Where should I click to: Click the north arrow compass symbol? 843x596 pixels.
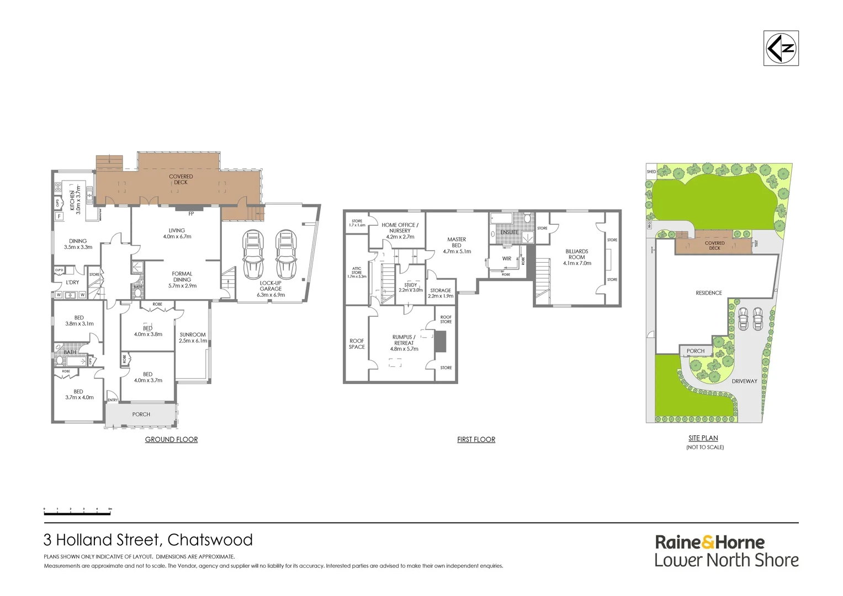781,49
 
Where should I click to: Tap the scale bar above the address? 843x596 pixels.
77,512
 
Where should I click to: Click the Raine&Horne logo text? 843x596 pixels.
710,542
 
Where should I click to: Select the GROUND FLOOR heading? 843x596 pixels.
171,440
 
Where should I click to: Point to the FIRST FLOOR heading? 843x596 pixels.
476,440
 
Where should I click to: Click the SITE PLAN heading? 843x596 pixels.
703,438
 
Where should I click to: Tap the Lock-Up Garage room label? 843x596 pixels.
271,289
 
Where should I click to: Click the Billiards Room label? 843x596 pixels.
577,257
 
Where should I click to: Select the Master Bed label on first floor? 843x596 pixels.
457,245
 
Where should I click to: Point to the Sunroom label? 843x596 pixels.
193,337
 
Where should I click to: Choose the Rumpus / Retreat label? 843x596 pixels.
404,343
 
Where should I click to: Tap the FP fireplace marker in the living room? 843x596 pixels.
191,214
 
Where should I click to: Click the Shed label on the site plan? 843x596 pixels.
651,172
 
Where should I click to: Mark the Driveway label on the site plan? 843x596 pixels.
744,381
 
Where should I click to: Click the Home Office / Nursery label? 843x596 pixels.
400,231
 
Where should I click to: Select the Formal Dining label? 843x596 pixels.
182,279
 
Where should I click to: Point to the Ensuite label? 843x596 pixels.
509,232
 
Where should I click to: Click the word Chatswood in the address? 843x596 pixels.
210,540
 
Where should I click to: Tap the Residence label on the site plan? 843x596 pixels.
709,293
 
